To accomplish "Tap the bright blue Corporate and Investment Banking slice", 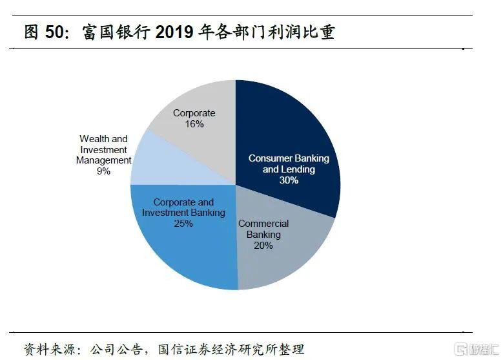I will point(187,252).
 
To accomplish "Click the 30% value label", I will point(289,180).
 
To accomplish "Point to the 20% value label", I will point(263,246).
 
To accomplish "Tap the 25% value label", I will point(183,224).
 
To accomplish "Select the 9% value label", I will point(103,171).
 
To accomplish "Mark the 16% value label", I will point(194,124).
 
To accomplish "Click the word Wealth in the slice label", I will point(94,138).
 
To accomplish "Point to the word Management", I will point(103,160).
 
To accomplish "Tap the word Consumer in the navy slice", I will point(271,158).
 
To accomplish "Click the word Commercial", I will point(263,224).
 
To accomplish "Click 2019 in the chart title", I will point(174,32).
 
